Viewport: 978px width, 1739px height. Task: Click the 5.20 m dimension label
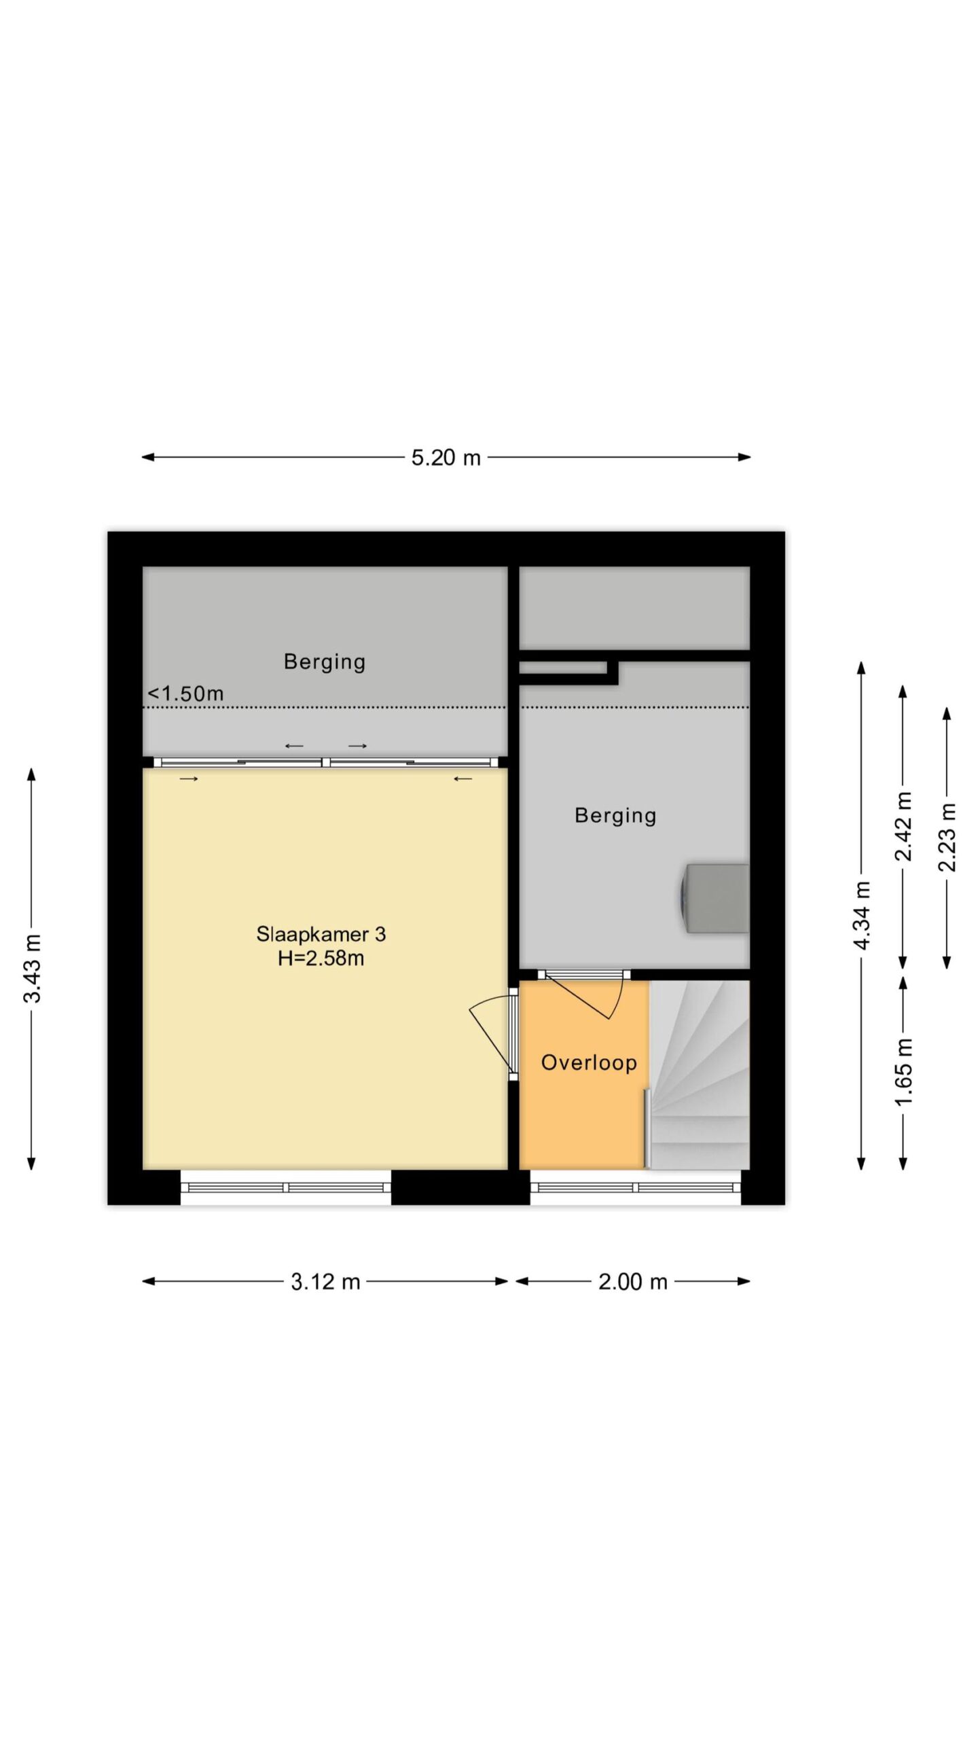click(446, 457)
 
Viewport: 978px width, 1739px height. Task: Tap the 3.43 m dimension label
click(33, 969)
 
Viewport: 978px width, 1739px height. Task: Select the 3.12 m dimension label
click(325, 1282)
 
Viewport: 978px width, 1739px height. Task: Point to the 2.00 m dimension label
click(633, 1282)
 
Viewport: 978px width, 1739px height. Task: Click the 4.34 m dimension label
click(862, 915)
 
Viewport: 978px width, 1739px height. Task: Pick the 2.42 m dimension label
click(903, 826)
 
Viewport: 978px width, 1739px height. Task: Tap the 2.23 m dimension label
click(947, 837)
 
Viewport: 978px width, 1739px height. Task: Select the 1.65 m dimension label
click(903, 1072)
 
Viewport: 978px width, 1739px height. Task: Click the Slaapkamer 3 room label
click(321, 934)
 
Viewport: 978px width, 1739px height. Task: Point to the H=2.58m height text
click(321, 958)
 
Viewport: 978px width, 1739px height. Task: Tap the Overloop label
click(589, 1062)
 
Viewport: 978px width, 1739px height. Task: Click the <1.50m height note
click(185, 694)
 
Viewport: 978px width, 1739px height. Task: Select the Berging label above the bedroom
click(325, 662)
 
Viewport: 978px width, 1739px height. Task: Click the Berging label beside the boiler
click(615, 815)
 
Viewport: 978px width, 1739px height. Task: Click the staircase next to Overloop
click(699, 1075)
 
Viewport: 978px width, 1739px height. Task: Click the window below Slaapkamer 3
click(286, 1187)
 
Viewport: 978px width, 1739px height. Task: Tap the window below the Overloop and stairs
click(635, 1187)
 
